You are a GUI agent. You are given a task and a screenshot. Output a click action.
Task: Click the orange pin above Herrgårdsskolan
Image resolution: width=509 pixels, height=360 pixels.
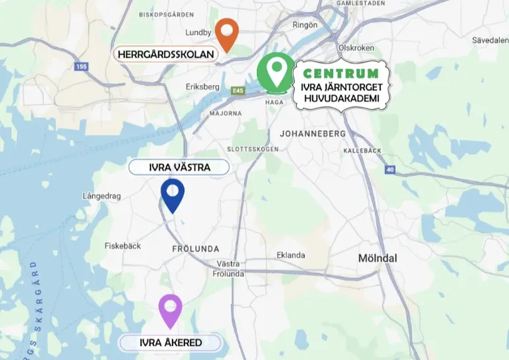227,33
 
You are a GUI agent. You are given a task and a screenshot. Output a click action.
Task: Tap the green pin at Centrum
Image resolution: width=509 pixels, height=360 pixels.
275,71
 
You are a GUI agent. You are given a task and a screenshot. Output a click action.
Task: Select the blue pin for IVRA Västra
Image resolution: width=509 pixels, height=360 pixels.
173,194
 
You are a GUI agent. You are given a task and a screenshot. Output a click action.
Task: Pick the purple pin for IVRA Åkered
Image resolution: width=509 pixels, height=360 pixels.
171,310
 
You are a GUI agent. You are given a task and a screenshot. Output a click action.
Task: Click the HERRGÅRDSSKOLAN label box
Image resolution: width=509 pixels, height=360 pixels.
166,54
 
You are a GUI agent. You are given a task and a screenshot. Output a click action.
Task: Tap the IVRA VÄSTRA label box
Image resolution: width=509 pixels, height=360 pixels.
179,167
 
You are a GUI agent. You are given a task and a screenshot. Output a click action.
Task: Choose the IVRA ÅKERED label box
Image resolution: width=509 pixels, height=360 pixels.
171,343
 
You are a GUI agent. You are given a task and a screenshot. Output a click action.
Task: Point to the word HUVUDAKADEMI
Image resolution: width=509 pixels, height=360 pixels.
341,99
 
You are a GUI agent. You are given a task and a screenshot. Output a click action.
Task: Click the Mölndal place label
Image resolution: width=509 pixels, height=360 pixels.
377,258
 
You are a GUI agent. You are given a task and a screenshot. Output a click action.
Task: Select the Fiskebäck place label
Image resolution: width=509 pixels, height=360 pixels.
123,246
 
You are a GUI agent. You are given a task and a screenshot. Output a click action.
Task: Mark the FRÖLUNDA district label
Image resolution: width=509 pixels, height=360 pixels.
195,248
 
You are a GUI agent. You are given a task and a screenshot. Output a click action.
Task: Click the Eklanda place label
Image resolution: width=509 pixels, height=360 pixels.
291,255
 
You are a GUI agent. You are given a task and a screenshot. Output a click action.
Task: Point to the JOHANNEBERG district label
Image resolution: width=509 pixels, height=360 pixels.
313,134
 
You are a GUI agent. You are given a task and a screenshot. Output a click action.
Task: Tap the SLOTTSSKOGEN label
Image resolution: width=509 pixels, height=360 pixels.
252,149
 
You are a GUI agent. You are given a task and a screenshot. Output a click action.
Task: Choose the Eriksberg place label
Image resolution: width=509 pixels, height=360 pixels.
204,86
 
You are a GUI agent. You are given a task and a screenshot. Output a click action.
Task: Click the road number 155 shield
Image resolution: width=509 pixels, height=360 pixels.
82,66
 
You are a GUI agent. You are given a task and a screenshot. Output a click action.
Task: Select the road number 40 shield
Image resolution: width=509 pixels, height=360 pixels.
390,170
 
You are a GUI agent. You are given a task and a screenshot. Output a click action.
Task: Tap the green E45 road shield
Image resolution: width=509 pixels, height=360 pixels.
238,90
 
